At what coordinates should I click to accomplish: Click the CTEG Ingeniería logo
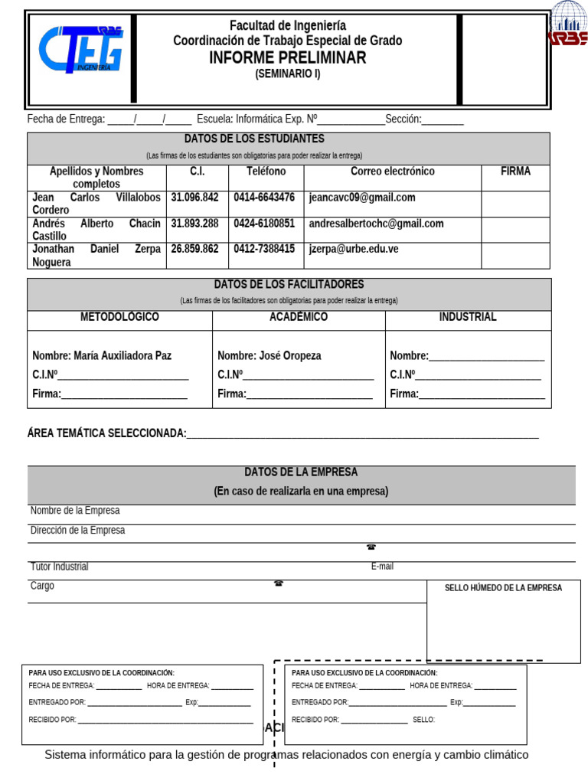(81, 50)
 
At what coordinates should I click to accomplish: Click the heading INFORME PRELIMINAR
(288, 58)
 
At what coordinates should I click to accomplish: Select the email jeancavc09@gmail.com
(362, 198)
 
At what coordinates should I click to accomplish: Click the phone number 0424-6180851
(264, 224)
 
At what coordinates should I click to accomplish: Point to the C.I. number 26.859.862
(194, 249)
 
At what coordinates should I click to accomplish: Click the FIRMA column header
(515, 171)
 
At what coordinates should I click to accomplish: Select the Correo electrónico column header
(392, 171)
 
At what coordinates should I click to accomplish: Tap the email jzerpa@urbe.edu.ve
(354, 249)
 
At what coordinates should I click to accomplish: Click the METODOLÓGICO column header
(119, 317)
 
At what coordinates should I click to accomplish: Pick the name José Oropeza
(269, 356)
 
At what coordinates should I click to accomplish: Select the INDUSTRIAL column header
(468, 317)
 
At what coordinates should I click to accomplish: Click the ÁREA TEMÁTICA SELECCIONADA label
(106, 433)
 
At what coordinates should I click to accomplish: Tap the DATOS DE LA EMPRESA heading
(301, 472)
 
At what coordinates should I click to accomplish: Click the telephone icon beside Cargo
(279, 583)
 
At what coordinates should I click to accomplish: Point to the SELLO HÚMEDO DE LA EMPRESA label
(503, 588)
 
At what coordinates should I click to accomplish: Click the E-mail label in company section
(382, 567)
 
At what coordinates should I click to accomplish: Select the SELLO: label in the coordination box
(423, 720)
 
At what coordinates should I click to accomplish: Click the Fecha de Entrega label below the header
(66, 119)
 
